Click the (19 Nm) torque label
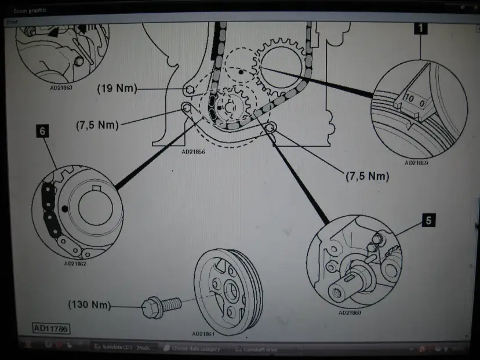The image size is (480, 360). (117, 89)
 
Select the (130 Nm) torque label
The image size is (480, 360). (89, 304)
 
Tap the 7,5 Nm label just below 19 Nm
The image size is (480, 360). (97, 125)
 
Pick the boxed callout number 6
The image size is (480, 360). (42, 131)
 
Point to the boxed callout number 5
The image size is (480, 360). (428, 220)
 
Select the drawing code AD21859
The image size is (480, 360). (416, 163)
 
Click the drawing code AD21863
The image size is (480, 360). (62, 89)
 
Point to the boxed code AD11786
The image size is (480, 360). (51, 329)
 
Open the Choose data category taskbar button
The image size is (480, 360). (194, 348)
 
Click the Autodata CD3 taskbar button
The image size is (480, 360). (121, 348)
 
